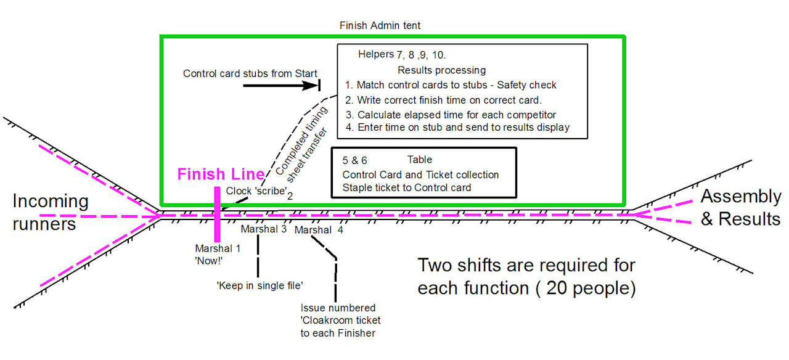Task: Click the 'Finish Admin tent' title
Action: click(380, 26)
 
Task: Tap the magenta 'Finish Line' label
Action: click(221, 174)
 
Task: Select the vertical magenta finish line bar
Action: click(218, 213)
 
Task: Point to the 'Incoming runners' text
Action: click(51, 211)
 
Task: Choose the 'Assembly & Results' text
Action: click(740, 207)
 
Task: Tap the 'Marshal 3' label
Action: click(264, 229)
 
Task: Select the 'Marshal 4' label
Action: click(318, 230)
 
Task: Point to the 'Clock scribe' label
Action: click(257, 191)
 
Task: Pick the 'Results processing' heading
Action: click(441, 70)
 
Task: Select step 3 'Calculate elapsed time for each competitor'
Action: click(451, 115)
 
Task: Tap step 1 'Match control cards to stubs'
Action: click(451, 85)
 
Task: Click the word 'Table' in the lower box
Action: click(420, 160)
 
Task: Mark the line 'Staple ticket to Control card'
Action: click(407, 188)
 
